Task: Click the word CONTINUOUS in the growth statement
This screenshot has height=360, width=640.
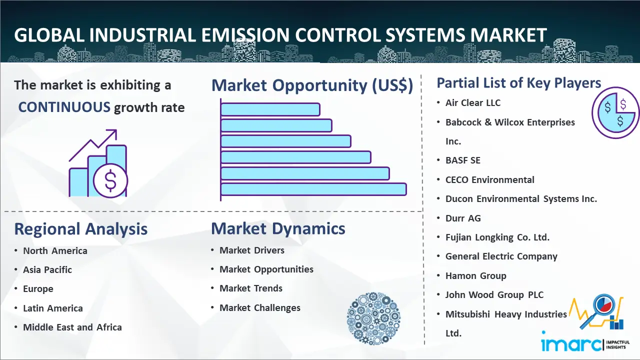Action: [x=64, y=107]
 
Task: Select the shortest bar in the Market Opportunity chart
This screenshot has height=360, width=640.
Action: [x=270, y=109]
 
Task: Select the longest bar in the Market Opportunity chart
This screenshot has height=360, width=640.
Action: [x=313, y=189]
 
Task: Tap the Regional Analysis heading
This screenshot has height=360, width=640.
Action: [x=81, y=229]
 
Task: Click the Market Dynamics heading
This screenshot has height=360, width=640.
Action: [x=278, y=228]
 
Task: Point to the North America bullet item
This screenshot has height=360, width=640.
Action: [x=55, y=251]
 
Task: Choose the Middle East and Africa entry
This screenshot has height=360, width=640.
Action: [x=72, y=327]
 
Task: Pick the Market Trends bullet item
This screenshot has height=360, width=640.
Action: [x=251, y=288]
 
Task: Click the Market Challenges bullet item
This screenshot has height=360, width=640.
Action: [x=260, y=307]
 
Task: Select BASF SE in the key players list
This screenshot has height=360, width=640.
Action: [x=463, y=160]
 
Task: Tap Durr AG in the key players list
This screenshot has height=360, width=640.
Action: [x=463, y=218]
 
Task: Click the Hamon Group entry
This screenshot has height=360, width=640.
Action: [x=475, y=275]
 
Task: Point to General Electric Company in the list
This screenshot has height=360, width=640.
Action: [x=501, y=256]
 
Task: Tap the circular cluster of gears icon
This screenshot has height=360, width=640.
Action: [x=373, y=318]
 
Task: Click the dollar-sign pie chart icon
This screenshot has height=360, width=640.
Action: [x=615, y=112]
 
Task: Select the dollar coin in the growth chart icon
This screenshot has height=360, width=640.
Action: [x=110, y=181]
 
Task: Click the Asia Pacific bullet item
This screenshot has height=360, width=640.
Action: [x=47, y=269]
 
